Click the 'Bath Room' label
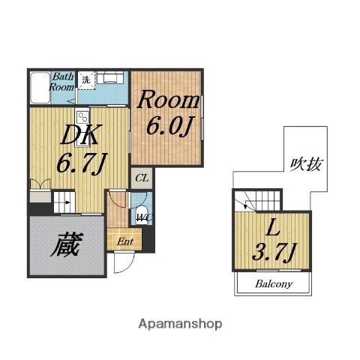pyautogui.click(x=61, y=81)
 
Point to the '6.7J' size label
pyautogui.click(x=79, y=161)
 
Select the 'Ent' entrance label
pyautogui.click(x=124, y=241)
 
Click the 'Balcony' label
pyautogui.click(x=273, y=285)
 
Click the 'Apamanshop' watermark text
pyautogui.click(x=181, y=324)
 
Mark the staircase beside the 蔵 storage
pyautogui.click(x=64, y=202)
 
